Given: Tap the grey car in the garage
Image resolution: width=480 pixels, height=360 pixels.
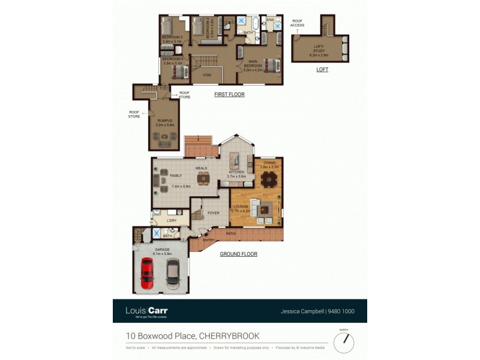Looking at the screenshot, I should click(172, 271).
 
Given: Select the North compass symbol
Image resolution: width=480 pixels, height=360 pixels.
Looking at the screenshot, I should click(344, 341).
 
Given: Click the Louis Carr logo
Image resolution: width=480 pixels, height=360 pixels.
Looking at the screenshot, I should click(146, 311).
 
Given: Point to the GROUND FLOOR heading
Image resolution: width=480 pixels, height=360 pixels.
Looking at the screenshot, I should click(238, 254).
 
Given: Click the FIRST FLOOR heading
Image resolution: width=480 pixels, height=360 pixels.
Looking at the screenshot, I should click(229, 94).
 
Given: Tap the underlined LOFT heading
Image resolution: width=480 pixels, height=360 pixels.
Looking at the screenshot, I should click(322, 70).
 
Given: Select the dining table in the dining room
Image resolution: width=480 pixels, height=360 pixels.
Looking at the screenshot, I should click(269, 178).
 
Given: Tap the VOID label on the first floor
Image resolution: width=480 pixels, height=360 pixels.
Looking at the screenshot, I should click(207, 75).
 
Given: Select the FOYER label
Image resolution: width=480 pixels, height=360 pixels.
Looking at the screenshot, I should click(214, 213).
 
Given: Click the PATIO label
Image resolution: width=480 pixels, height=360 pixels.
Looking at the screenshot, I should click(230, 233).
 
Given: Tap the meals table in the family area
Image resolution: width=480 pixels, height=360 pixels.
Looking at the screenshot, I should click(204, 178).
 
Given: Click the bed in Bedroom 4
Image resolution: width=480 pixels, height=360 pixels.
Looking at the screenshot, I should click(179, 71).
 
